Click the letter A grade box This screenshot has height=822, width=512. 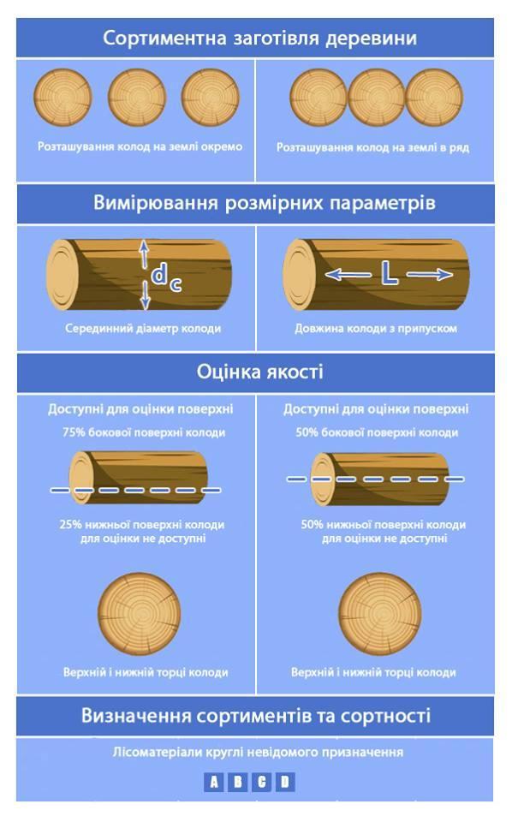pyautogui.click(x=214, y=782)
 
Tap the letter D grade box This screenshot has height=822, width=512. pyautogui.click(x=285, y=782)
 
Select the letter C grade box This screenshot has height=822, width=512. pyautogui.click(x=261, y=782)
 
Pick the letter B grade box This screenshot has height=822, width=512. pyautogui.click(x=237, y=782)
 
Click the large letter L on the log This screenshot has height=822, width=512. pyautogui.click(x=389, y=274)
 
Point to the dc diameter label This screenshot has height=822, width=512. pyautogui.click(x=167, y=277)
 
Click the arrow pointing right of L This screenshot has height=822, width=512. pyautogui.click(x=429, y=274)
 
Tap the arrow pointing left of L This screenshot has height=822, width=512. pyautogui.click(x=348, y=274)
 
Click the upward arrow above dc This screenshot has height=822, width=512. pyautogui.click(x=144, y=255)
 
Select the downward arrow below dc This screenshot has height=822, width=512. pyautogui.click(x=146, y=295)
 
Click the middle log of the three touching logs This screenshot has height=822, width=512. pyautogui.click(x=376, y=98)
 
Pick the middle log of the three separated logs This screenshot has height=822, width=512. pyautogui.click(x=137, y=98)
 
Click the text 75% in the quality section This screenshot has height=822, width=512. pyautogui.click(x=74, y=432)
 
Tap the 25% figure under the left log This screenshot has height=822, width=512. pyautogui.click(x=71, y=524)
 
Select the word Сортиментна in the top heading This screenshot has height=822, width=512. pyautogui.click(x=164, y=39)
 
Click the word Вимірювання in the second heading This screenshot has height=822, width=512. pyautogui.click(x=156, y=203)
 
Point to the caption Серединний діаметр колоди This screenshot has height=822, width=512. pyautogui.click(x=143, y=329)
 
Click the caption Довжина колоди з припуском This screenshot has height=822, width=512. pyautogui.click(x=376, y=329)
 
